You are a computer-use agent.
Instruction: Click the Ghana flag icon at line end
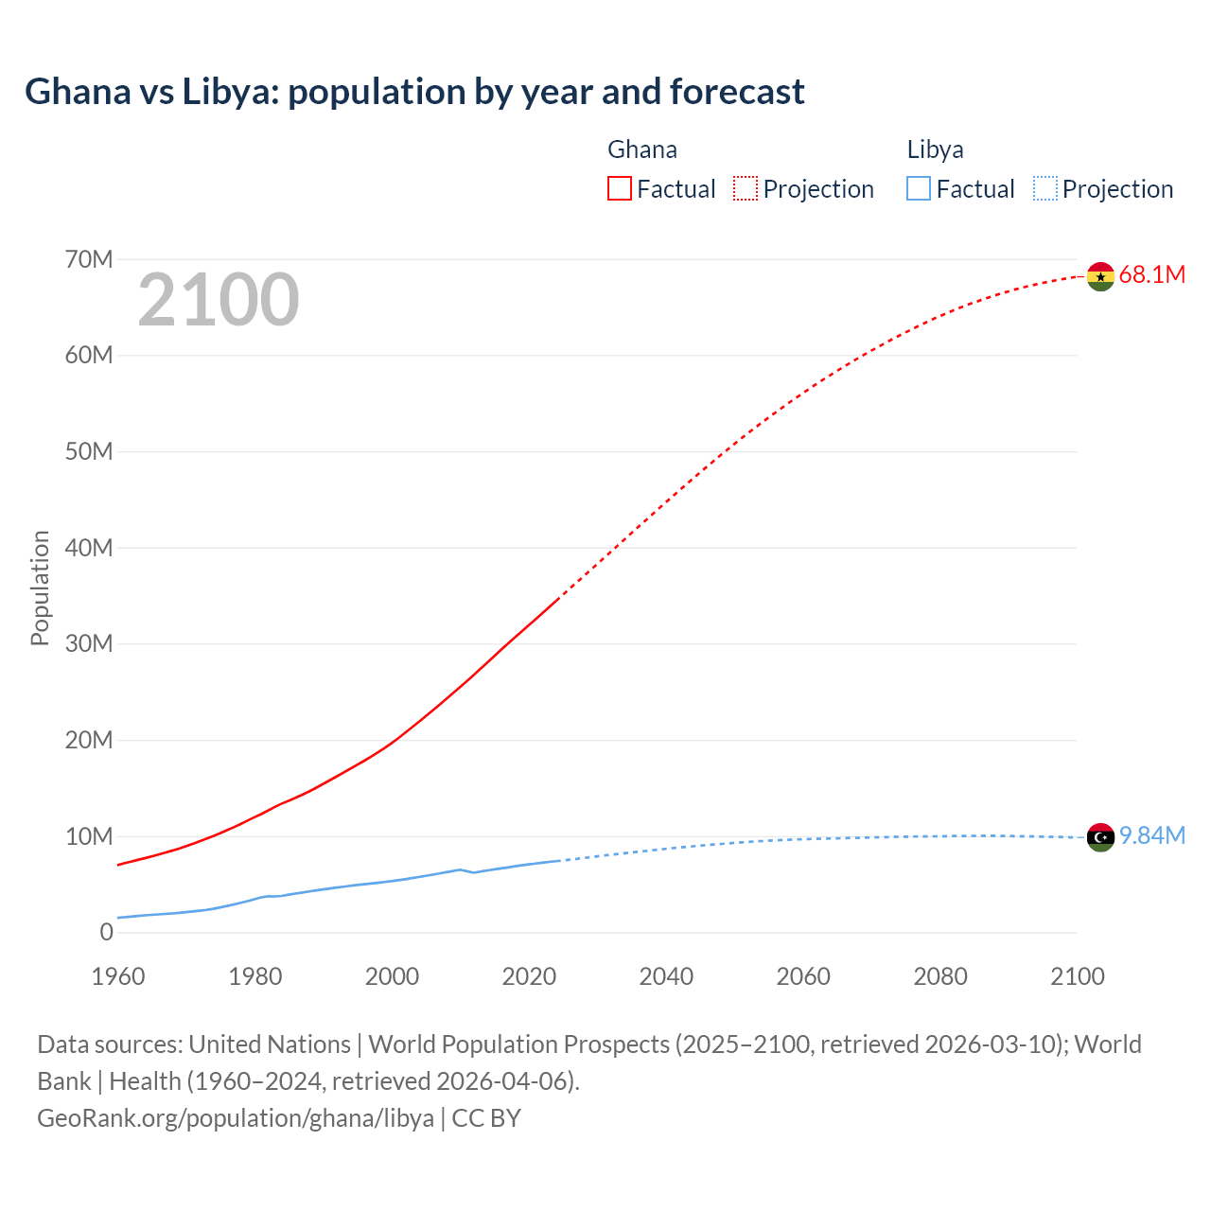[x=1100, y=276]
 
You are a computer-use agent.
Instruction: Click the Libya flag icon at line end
[x=1100, y=837]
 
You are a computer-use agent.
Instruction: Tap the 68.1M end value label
[x=1151, y=275]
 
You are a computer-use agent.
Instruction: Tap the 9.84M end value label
[x=1151, y=836]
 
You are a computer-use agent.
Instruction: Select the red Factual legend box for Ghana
[x=619, y=188]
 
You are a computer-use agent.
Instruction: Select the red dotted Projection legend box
[x=746, y=188]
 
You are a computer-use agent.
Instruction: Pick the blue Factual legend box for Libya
[x=918, y=188]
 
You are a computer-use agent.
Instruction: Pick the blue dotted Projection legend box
[x=1044, y=188]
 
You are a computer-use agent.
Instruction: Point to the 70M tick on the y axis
[x=89, y=259]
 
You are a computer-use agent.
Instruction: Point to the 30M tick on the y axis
[x=89, y=644]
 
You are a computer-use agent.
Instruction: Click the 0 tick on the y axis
[x=106, y=933]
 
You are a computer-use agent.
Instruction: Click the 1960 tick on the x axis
[x=118, y=976]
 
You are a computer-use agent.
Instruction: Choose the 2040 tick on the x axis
[x=666, y=976]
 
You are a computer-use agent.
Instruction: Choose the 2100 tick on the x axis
[x=1077, y=976]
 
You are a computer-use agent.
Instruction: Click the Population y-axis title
[x=40, y=588]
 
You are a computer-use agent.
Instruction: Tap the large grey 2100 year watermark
[x=219, y=301]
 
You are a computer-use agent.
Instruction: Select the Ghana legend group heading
[x=641, y=149]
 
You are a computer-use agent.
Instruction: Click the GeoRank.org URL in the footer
[x=236, y=1118]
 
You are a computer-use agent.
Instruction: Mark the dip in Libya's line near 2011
[x=473, y=872]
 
